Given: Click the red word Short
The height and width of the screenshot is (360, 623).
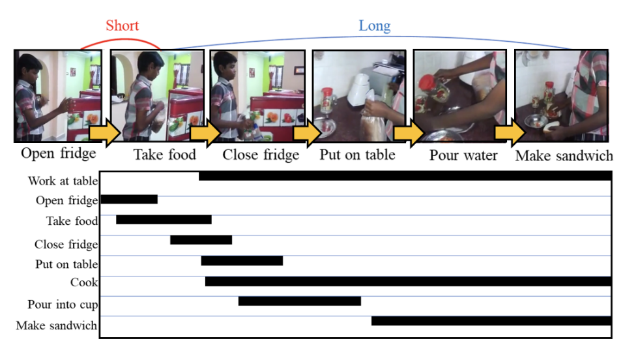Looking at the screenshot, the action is (x=122, y=25).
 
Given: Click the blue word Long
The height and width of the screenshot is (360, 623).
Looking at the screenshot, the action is (x=375, y=26).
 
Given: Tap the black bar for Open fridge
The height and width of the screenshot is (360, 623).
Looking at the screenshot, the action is (x=129, y=200).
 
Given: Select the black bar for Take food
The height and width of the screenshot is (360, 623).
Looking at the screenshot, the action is (x=164, y=220).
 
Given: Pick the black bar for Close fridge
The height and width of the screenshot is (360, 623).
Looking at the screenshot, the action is (x=201, y=240).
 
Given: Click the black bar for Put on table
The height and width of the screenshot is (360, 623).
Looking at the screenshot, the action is (x=242, y=261).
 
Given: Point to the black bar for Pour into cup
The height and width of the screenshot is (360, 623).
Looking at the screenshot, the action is (x=300, y=301).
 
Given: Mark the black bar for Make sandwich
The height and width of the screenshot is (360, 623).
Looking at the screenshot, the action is (x=491, y=321).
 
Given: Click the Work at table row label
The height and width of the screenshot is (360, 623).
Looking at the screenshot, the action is (x=63, y=181).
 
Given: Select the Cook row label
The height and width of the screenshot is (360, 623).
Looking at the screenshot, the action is (x=84, y=282).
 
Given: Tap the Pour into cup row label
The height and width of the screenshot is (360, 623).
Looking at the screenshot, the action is (x=63, y=305).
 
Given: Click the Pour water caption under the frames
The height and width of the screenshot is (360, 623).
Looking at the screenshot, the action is (x=463, y=155).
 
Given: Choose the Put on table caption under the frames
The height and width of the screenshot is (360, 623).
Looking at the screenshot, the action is (x=358, y=155).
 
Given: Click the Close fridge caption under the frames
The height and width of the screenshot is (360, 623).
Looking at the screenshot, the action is (x=261, y=155).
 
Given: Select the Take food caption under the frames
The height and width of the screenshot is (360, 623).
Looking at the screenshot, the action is (x=164, y=155).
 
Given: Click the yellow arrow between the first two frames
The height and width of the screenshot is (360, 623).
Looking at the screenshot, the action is (x=105, y=133).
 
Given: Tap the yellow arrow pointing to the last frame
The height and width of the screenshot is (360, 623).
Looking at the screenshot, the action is (x=510, y=133).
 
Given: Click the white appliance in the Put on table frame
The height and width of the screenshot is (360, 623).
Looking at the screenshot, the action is (x=361, y=89).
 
